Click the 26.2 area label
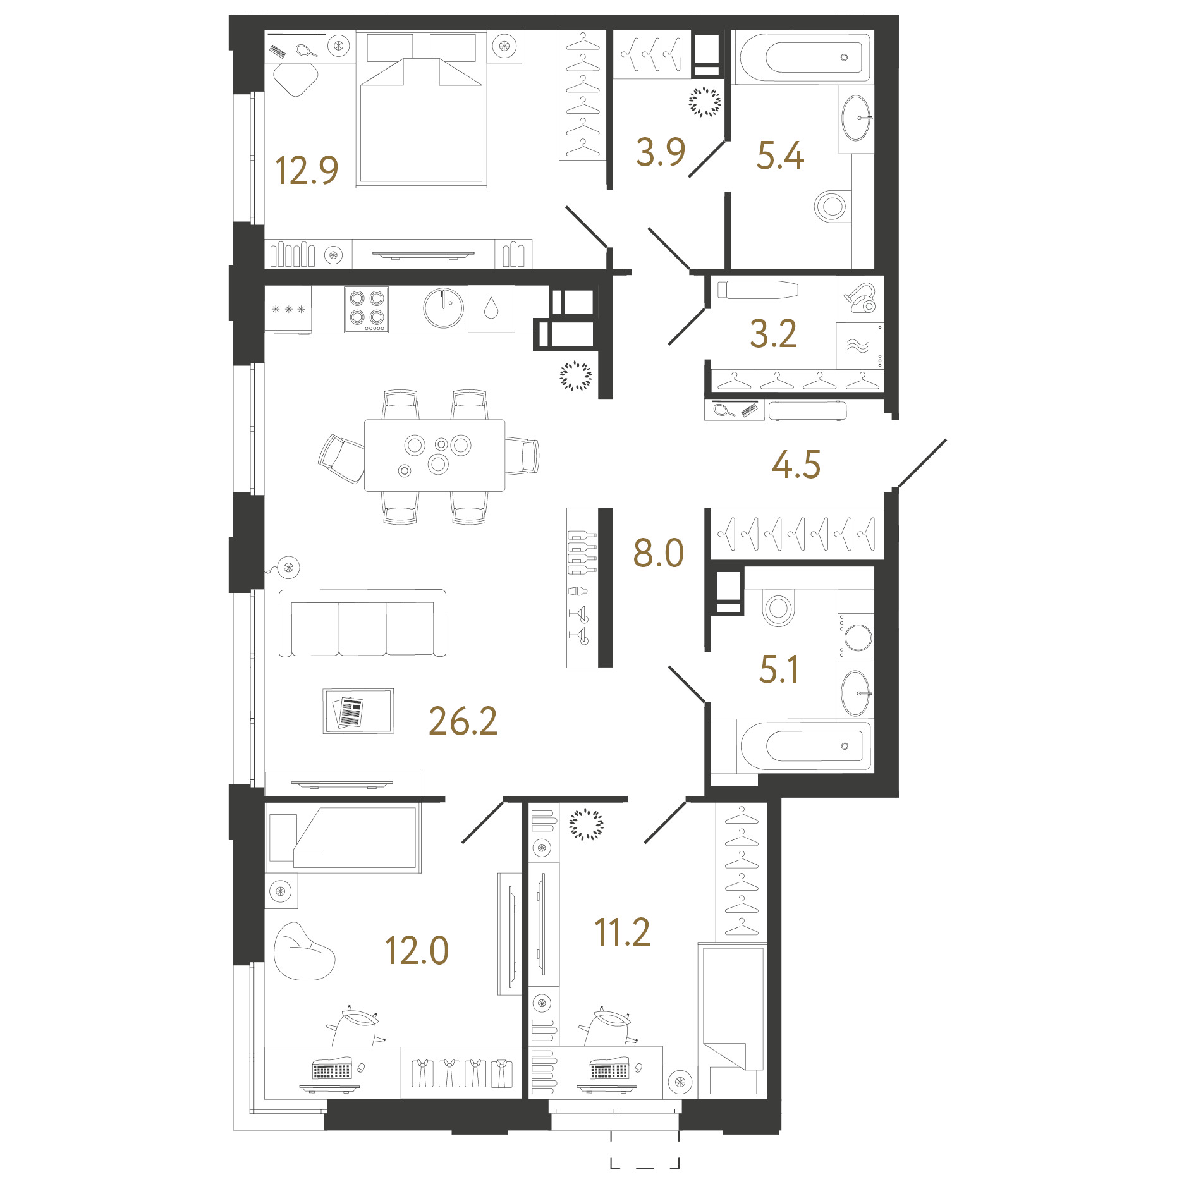click(463, 721)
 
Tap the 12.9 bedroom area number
click(307, 171)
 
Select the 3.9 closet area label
click(661, 152)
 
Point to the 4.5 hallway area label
click(796, 465)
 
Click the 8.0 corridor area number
click(659, 553)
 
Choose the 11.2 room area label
click(622, 932)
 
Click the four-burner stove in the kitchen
click(367, 309)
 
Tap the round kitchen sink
click(444, 308)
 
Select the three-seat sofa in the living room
click(362, 623)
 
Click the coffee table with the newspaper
click(358, 711)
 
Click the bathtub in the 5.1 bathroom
click(805, 746)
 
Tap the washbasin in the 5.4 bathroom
click(857, 118)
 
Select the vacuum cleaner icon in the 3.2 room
click(860, 298)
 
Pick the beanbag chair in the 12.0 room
click(303, 952)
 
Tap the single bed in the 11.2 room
click(733, 1021)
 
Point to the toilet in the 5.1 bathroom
click(778, 609)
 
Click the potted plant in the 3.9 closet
click(705, 102)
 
